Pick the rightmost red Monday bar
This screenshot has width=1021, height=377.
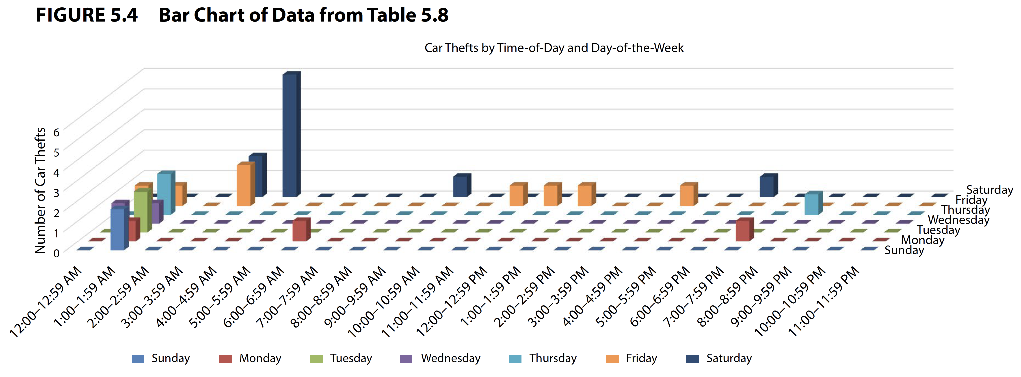(743, 231)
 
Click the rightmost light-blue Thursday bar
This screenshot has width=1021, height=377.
(811, 204)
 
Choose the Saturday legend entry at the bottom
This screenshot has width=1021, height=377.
(729, 358)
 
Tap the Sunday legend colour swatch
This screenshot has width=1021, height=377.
(138, 359)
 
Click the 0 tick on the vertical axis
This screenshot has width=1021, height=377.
(56, 253)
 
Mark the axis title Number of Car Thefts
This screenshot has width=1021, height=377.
(40, 191)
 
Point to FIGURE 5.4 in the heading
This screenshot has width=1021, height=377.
(87, 15)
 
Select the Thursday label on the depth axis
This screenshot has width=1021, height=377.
(965, 210)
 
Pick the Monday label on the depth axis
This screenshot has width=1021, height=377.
(922, 240)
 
